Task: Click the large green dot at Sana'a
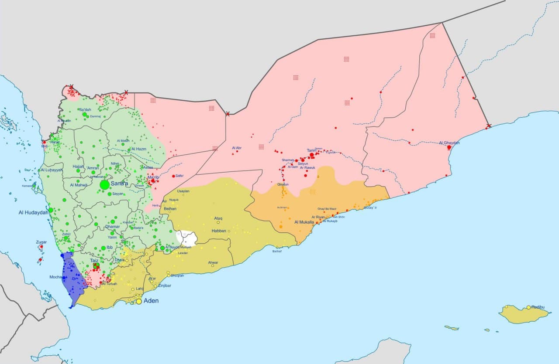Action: [x=104, y=185]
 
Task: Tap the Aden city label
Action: [x=151, y=301]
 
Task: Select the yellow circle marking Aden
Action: [x=139, y=301]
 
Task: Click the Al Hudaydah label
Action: [x=33, y=213]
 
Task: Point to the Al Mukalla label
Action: [x=304, y=222]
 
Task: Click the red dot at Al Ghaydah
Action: [x=449, y=148]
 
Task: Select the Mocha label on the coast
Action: [x=55, y=277]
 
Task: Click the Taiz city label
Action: [x=94, y=260]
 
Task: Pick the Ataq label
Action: [x=218, y=218]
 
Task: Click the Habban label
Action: [x=219, y=231]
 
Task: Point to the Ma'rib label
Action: [x=153, y=177]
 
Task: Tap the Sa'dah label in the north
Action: [x=85, y=109]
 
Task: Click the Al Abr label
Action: [x=237, y=148]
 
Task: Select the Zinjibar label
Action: [x=165, y=286]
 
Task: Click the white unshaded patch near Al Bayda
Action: [x=186, y=238]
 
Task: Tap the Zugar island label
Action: [x=41, y=242]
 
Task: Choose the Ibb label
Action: [x=109, y=247]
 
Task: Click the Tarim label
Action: [x=311, y=150]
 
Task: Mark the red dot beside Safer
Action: [x=173, y=176]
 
